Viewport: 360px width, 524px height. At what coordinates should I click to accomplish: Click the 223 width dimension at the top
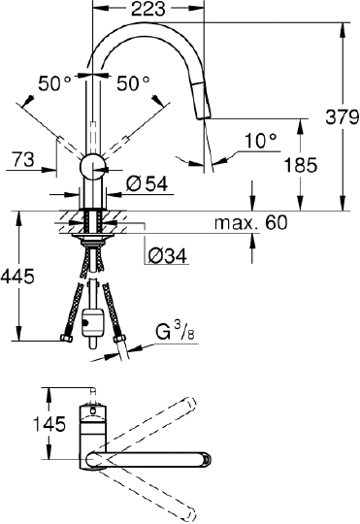[x=149, y=11]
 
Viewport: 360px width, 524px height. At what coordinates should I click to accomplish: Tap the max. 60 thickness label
[x=251, y=223]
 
